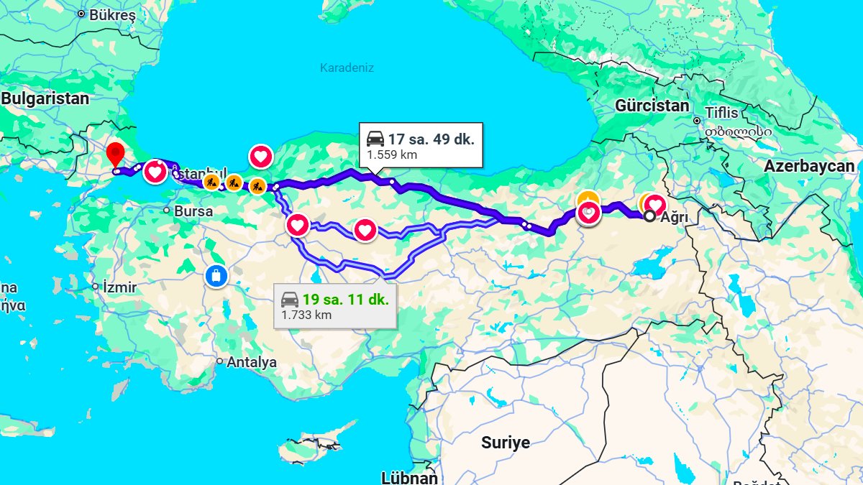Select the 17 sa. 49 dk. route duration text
431,139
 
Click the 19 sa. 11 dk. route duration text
345,300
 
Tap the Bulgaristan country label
45,99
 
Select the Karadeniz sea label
347,68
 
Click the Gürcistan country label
652,106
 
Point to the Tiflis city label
721,113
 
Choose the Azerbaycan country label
809,166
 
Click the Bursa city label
193,211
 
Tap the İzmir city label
119,287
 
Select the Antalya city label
252,363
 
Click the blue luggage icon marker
215,275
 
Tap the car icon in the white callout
375,139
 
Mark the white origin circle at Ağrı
649,216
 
